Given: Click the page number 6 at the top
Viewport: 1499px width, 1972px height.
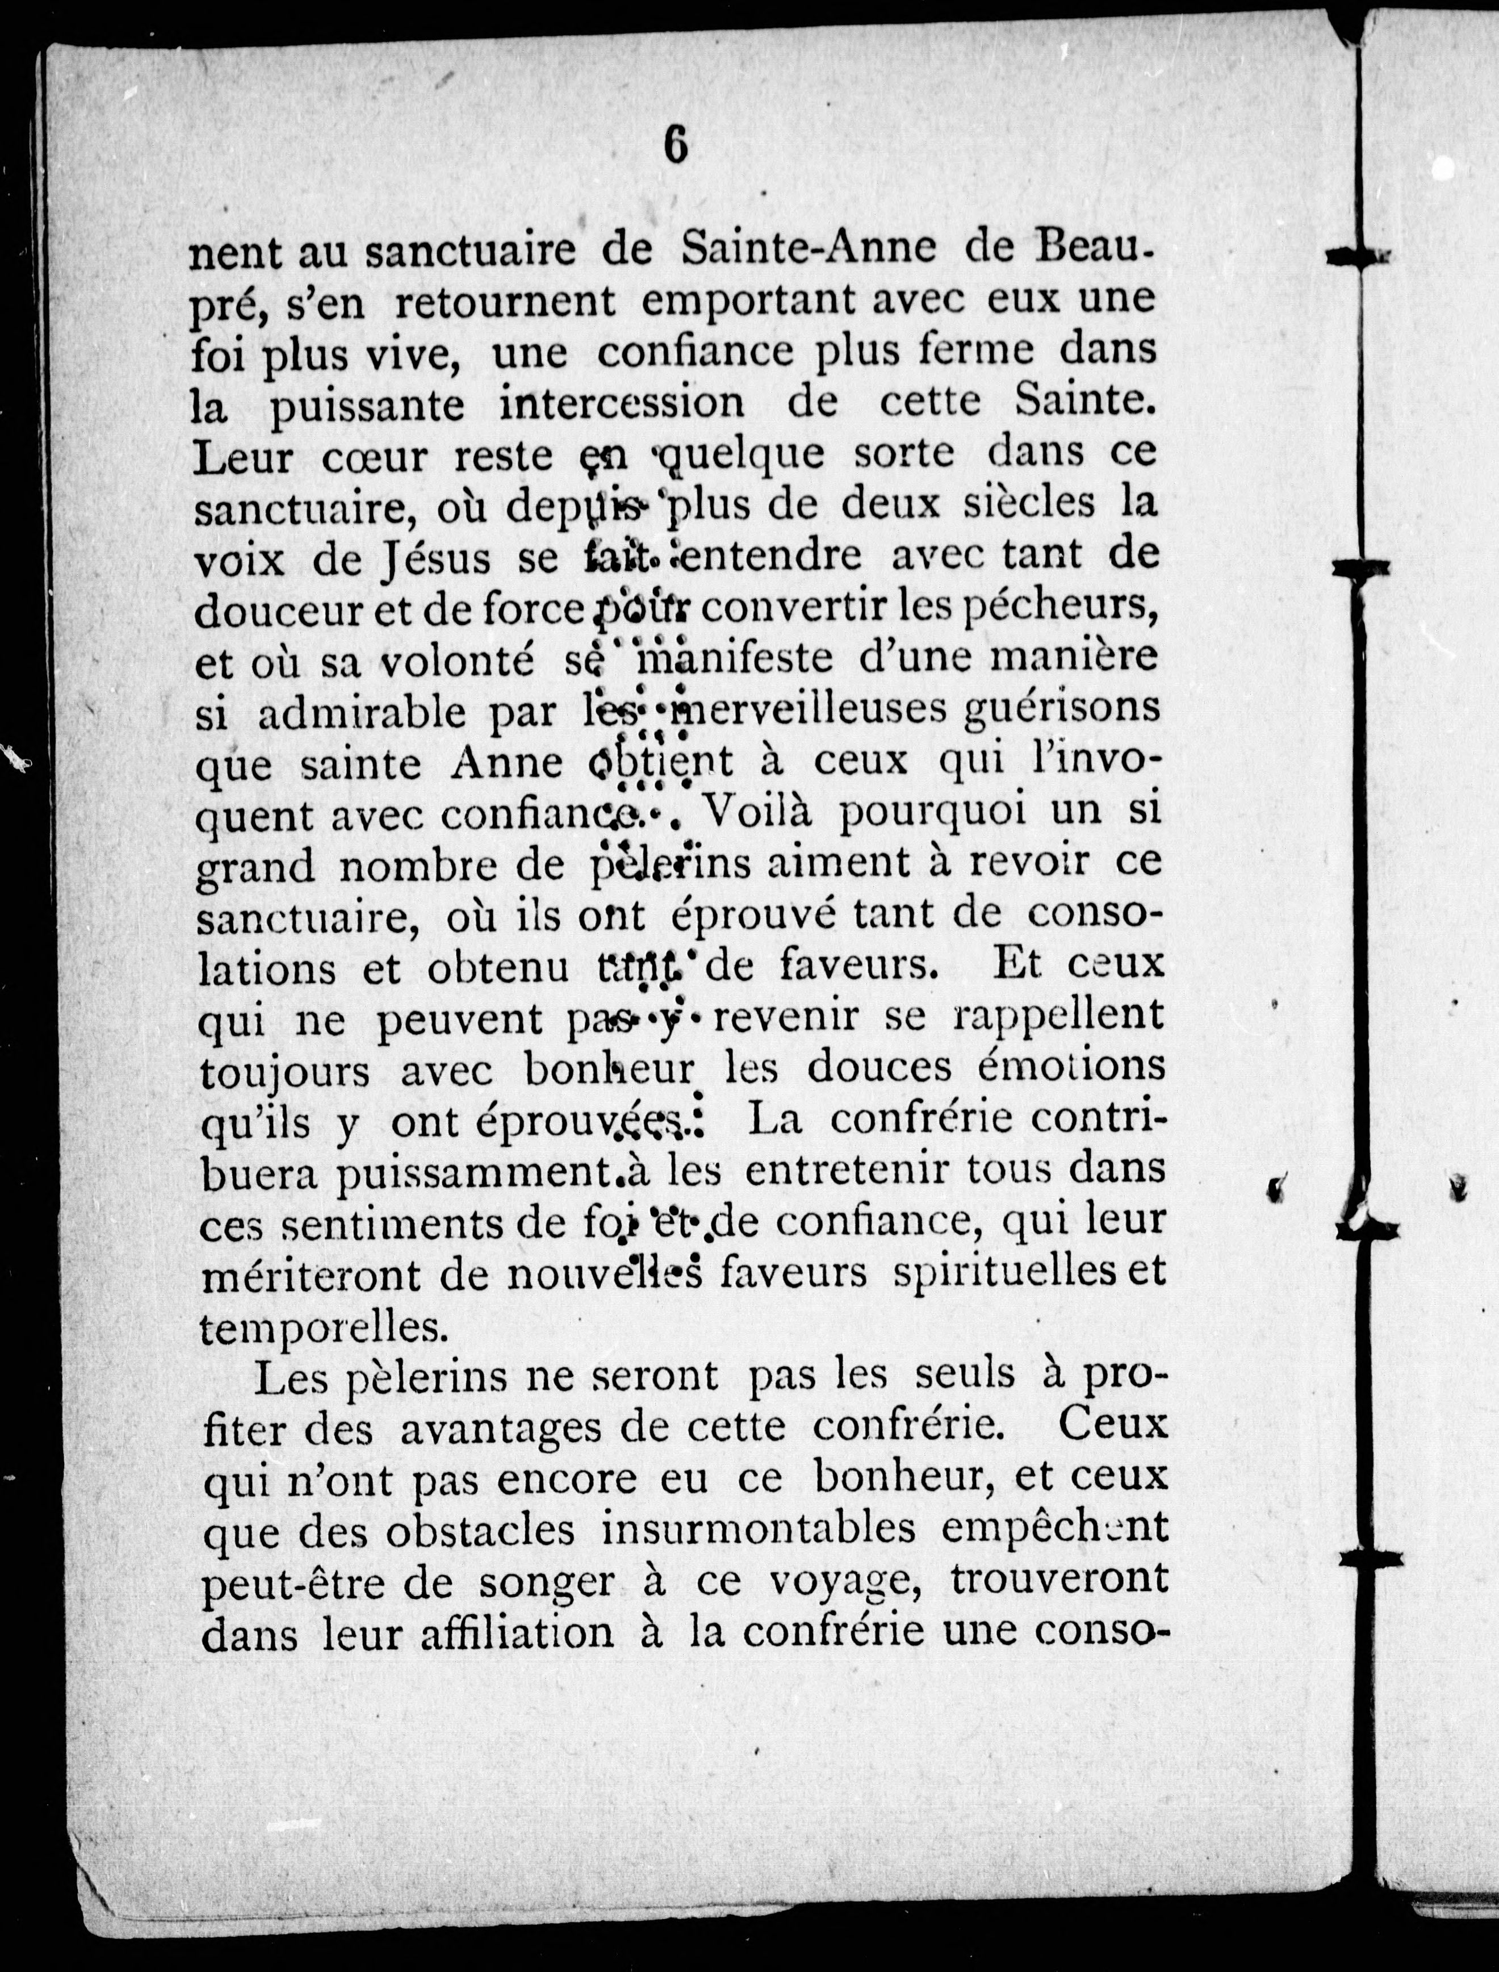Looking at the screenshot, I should (x=676, y=145).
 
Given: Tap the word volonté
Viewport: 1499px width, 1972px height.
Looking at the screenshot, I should (x=457, y=661).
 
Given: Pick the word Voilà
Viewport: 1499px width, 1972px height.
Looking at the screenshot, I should (x=760, y=812).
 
